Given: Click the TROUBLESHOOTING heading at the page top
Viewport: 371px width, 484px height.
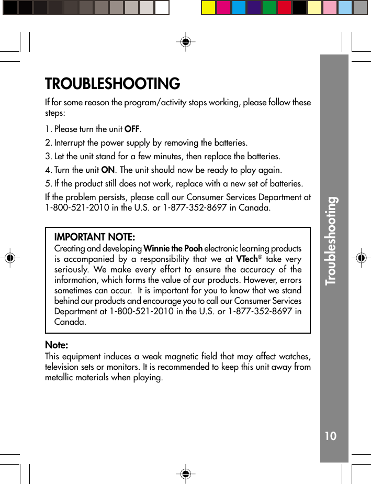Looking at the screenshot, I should coord(113,84).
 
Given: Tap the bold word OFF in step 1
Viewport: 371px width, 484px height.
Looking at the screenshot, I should coord(132,129).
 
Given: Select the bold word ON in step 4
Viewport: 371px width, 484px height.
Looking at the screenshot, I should coord(108,170).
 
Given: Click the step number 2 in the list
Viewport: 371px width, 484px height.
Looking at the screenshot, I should coord(48,143).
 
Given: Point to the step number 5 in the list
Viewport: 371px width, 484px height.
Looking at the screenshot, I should coord(48,184).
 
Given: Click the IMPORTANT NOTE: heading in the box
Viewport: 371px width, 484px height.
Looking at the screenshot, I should coord(94,237).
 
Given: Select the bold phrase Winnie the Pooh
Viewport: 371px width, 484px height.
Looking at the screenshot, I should coord(173,248).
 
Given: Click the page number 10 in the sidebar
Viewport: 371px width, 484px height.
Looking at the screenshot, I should coord(330,436).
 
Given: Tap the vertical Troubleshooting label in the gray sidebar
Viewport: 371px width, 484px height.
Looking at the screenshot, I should coord(332,241).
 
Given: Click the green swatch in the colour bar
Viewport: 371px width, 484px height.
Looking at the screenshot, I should coord(269,8).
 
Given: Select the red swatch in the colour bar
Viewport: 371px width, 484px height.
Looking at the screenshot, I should coord(284,8).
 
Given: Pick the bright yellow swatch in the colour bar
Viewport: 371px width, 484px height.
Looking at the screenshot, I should coord(208,8).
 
